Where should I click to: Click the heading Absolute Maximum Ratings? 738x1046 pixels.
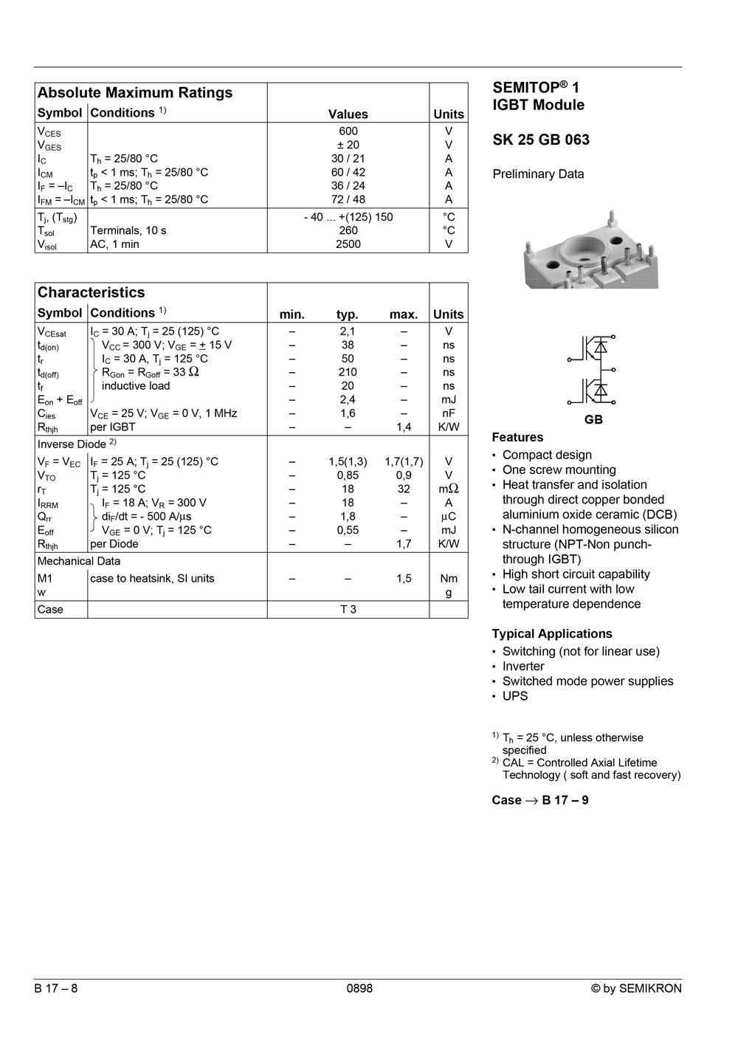pos(135,93)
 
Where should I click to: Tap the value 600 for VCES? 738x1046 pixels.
pos(348,131)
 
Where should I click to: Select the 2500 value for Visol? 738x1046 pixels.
pos(348,244)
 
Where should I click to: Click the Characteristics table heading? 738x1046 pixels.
pos(92,292)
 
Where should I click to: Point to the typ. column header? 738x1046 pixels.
pos(348,314)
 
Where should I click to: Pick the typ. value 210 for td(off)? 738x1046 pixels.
pos(348,372)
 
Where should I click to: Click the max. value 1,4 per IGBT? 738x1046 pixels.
pos(404,427)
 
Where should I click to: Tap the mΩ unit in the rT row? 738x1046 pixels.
pos(449,489)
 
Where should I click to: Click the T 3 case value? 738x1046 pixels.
pos(348,609)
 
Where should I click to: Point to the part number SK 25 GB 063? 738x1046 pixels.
pos(541,140)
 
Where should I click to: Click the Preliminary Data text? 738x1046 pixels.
pos(538,174)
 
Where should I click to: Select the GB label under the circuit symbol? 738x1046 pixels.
pos(593,419)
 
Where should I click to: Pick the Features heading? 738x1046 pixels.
pos(517,437)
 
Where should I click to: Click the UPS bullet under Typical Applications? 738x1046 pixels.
pos(514,696)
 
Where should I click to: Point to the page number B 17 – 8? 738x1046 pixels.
pos(56,988)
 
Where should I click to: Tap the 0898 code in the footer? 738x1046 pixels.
pos(359,988)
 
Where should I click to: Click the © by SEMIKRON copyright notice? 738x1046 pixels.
pos(636,988)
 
